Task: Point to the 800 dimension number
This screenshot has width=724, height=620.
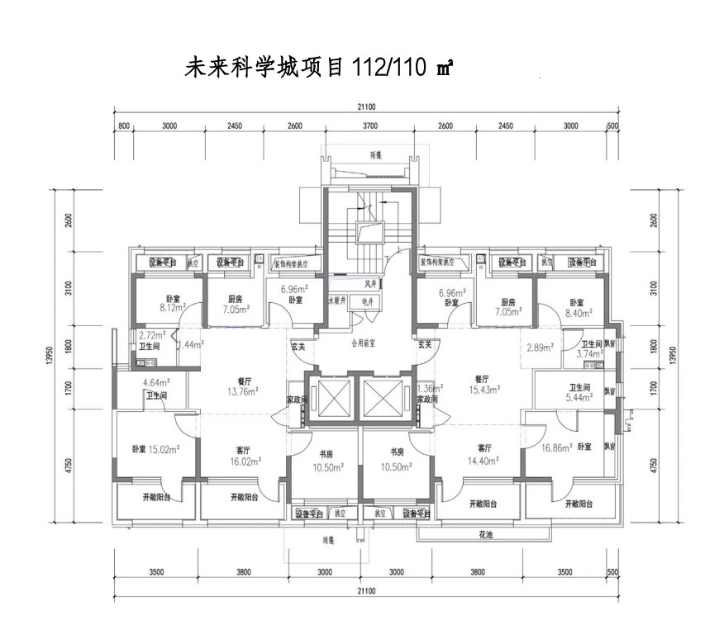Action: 125,126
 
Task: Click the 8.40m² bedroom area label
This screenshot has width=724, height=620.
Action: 577,313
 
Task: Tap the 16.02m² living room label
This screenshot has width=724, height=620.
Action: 243,461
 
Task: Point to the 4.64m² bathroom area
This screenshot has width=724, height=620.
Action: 156,382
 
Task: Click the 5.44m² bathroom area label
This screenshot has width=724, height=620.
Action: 579,397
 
